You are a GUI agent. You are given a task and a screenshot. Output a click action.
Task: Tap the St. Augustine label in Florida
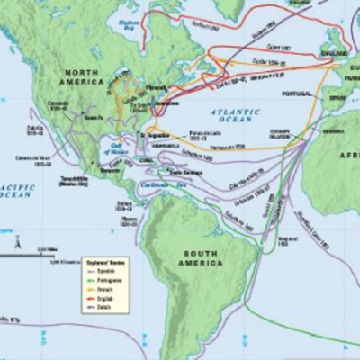point(152,134)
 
